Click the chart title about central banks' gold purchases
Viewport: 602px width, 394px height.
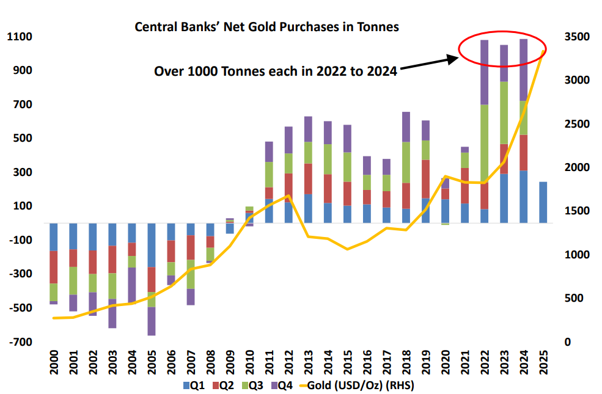(x=266, y=27)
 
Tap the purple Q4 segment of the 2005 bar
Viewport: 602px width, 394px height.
(x=152, y=321)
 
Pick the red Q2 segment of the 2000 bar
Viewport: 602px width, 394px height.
(x=54, y=267)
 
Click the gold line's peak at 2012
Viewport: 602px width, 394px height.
(x=288, y=196)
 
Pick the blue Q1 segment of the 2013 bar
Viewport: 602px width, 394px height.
(x=308, y=208)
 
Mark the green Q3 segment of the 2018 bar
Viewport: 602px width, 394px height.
(x=406, y=162)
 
